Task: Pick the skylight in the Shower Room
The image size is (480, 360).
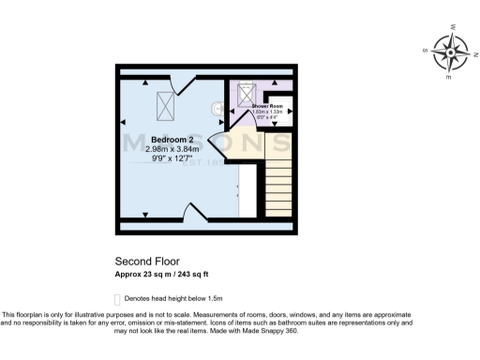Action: [x=247, y=94]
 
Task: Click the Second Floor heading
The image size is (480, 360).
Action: [x=146, y=262]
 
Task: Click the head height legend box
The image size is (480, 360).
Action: [x=118, y=299]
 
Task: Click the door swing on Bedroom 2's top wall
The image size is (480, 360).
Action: [x=185, y=87]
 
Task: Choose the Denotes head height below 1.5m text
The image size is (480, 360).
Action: [x=171, y=299]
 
